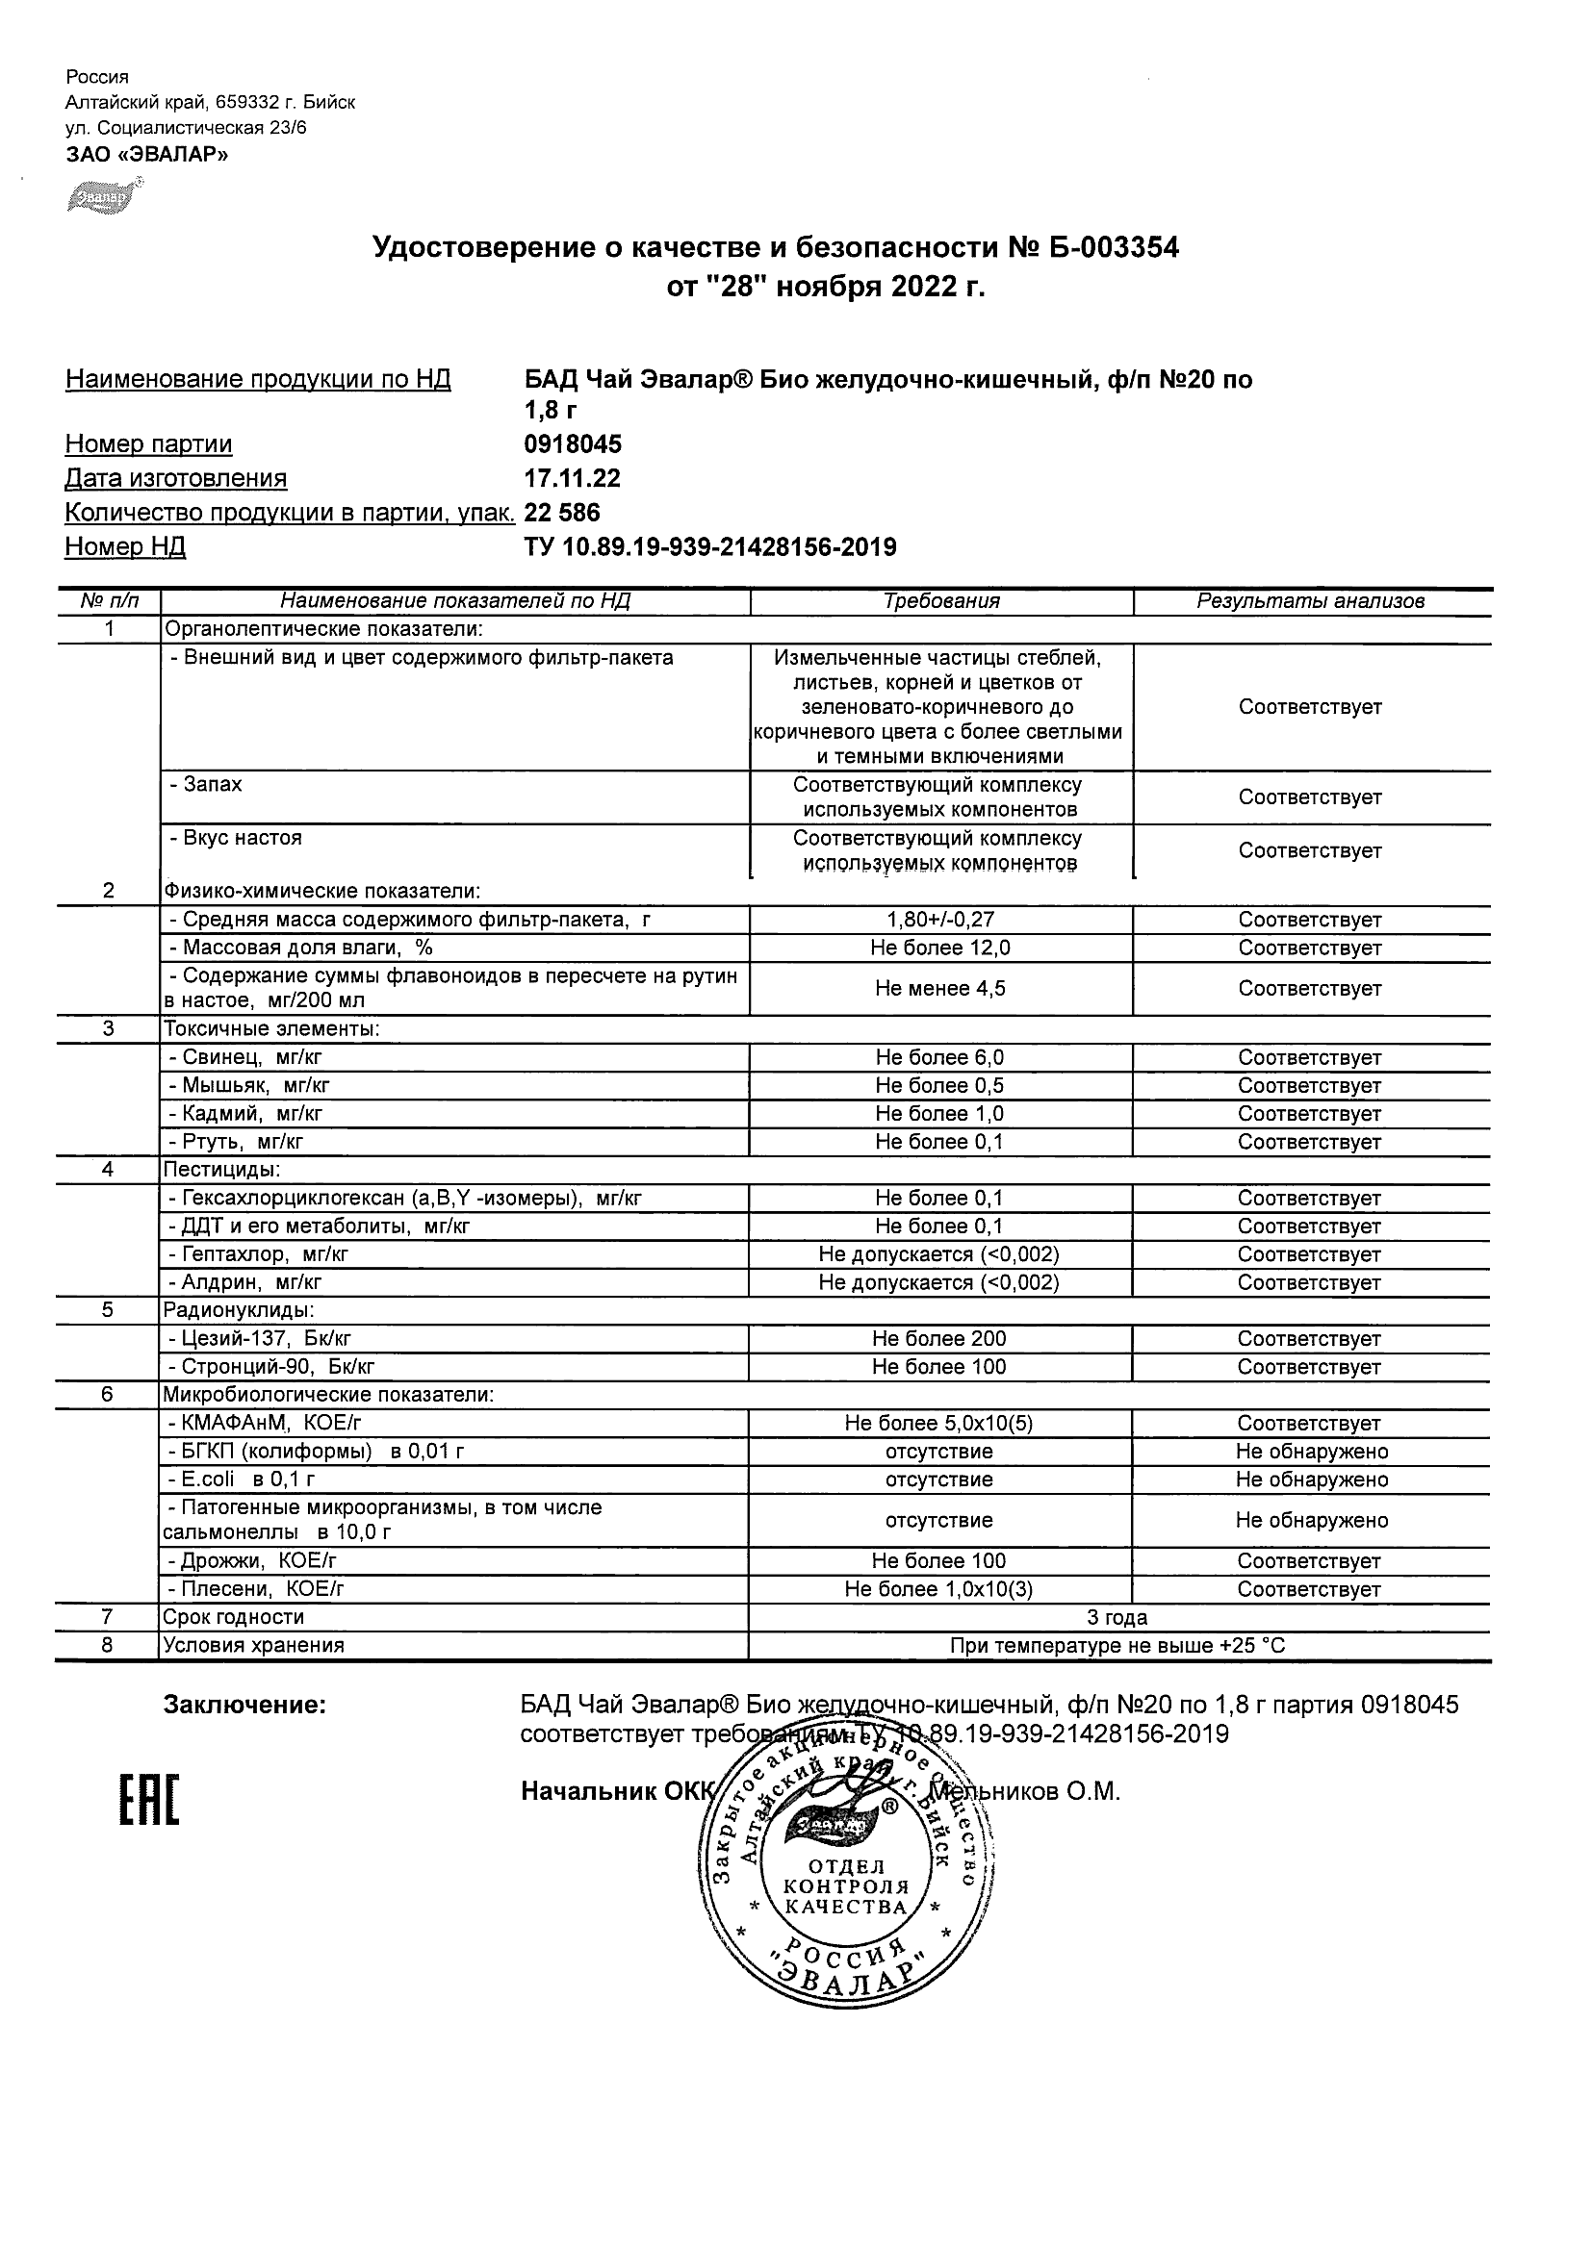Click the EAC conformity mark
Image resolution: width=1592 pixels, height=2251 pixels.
[x=149, y=1802]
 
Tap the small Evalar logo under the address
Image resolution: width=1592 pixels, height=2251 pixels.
[x=102, y=196]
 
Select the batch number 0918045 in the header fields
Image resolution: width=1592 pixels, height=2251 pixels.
[x=573, y=444]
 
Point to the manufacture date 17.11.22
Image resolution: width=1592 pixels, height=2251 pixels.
[x=572, y=478]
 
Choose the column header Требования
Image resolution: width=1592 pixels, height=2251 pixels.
[x=940, y=601]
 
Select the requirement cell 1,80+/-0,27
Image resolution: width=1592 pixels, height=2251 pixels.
[x=939, y=920]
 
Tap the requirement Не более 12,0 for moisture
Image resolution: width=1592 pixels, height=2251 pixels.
[x=939, y=948]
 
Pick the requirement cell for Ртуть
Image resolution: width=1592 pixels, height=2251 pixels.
[x=939, y=1142]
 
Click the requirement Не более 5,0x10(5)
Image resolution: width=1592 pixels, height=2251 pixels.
[x=938, y=1424]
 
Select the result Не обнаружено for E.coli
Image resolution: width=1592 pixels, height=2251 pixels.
[x=1312, y=1480]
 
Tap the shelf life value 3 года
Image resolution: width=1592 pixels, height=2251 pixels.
[x=1117, y=1618]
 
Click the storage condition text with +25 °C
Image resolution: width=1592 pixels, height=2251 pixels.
[x=1117, y=1646]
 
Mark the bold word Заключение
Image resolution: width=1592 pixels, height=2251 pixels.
[x=244, y=1705]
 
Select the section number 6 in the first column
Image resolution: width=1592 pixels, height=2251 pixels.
[x=108, y=1395]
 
